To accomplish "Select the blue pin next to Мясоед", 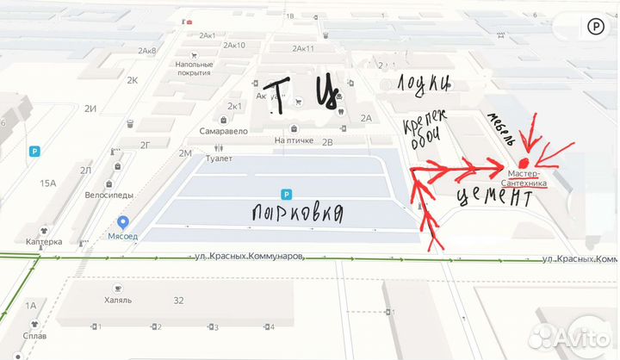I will pos(123,222).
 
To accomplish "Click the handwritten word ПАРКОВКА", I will pos(298,212).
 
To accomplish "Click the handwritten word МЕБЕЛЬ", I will pos(502,129).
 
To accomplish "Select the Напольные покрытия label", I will pos(194,68).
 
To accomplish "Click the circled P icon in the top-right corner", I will pos(596,27).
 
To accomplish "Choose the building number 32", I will pos(178,301).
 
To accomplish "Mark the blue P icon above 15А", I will pos(34,152).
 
